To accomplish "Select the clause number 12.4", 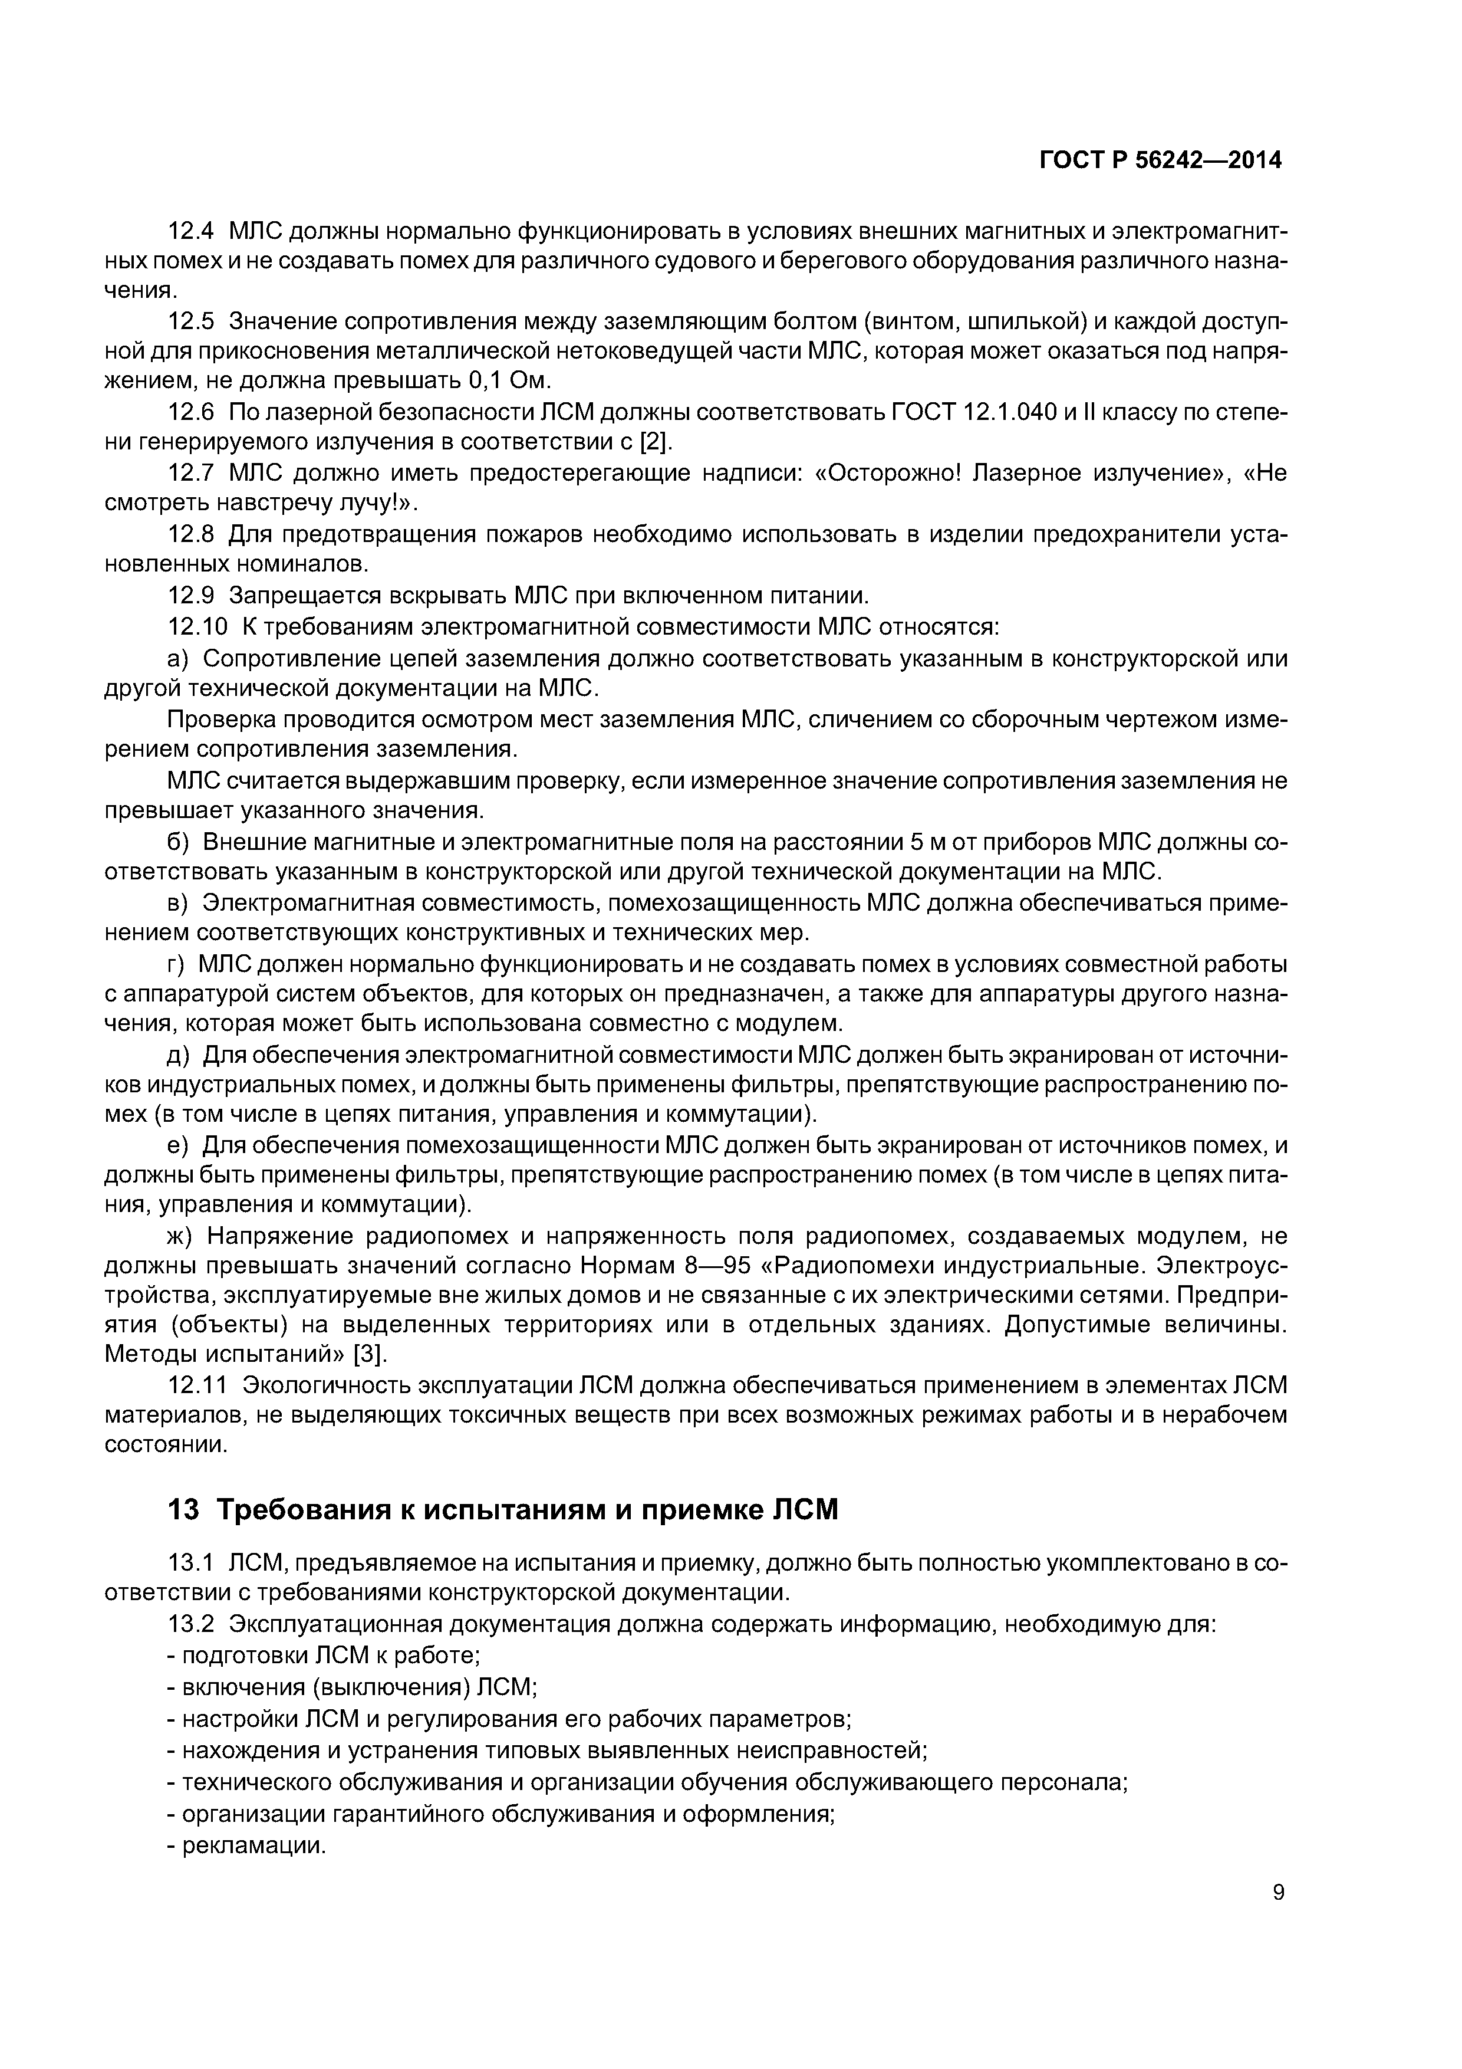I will pos(191,232).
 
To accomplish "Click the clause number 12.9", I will pos(191,596).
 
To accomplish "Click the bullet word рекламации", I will pos(253,1845).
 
